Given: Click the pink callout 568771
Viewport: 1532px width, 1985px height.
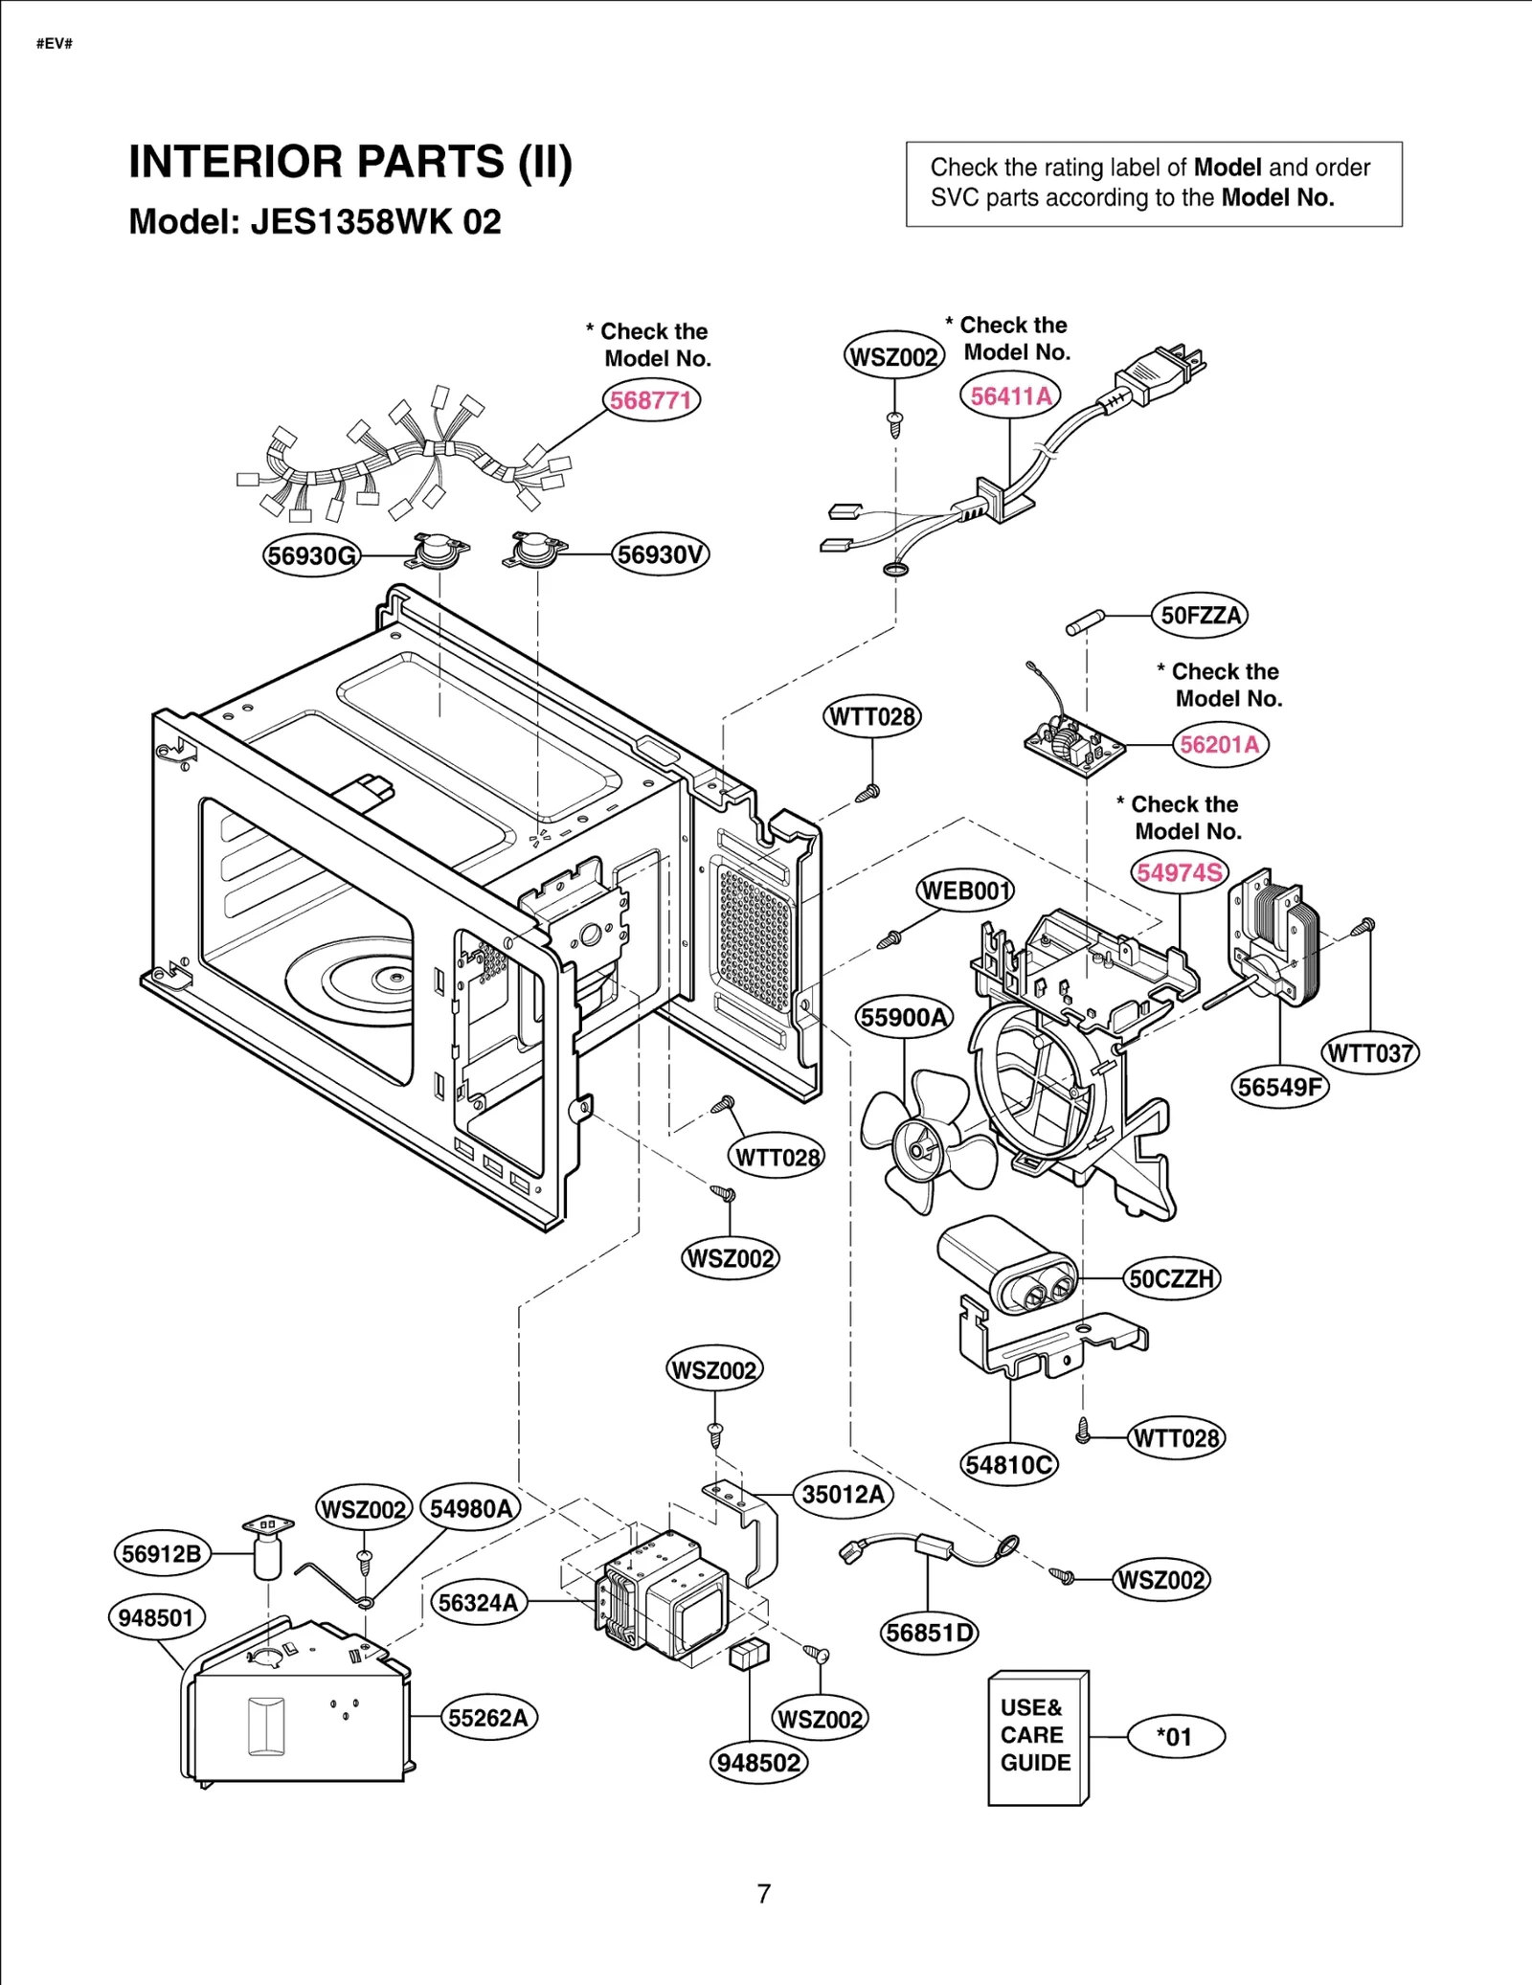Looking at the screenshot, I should coord(651,399).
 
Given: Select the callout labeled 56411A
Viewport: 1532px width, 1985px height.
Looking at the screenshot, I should coord(1010,395).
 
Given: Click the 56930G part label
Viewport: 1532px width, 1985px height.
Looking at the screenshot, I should coord(311,555).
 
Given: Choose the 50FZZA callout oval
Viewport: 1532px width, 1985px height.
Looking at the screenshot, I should coord(1200,615).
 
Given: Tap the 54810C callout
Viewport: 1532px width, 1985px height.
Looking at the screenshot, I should coord(1009,1464).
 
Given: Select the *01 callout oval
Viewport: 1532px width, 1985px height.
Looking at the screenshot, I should coord(1175,1736).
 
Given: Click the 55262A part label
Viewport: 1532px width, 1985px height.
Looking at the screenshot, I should coord(488,1718).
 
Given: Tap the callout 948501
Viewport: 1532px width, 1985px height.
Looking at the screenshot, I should coord(156,1617).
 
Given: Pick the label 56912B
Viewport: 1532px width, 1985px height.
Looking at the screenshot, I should coord(162,1553).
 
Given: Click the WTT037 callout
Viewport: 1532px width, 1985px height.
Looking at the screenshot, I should coord(1370,1053).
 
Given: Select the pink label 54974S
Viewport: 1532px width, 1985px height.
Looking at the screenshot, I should coord(1180,872).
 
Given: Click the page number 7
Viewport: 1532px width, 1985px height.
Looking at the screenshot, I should coord(763,1894).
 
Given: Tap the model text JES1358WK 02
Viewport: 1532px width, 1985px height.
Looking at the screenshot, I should coord(375,222).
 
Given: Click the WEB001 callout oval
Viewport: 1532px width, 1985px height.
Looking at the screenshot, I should coord(965,891).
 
